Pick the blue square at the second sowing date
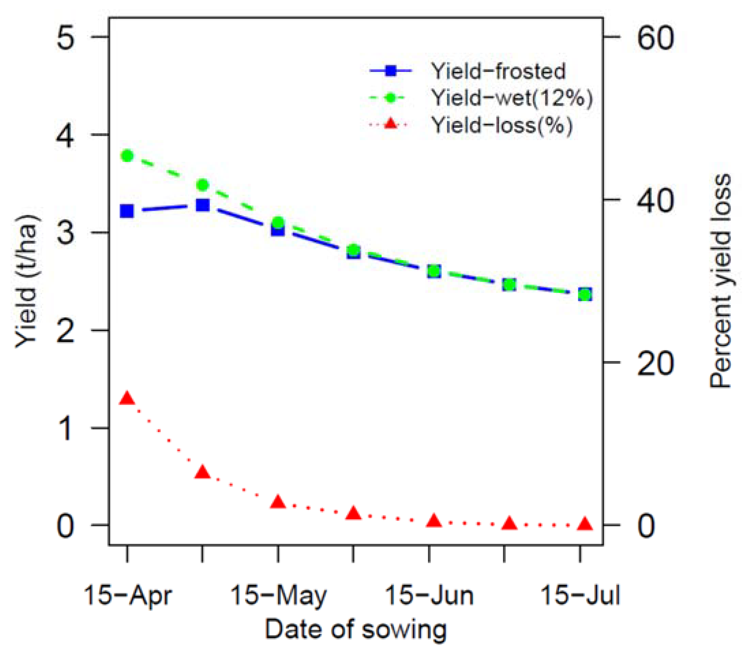203,205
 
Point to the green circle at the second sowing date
203,185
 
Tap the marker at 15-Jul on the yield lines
584,294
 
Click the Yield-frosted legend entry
498,71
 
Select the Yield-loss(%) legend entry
502,125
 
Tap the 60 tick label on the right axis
656,38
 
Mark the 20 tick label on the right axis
656,363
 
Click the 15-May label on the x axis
279,596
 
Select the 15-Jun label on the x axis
429,596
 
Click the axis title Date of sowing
355,629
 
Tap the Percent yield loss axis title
720,280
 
